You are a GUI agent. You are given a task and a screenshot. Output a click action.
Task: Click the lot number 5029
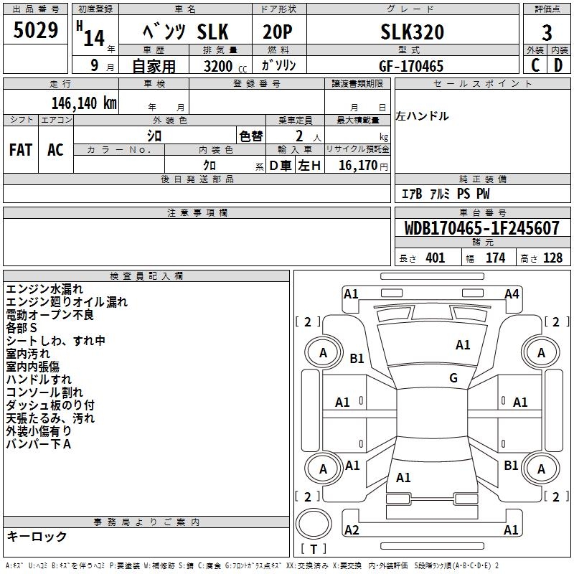point(35,30)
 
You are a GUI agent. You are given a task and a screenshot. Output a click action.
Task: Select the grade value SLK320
point(412,32)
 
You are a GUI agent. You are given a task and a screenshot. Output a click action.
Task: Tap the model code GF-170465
point(411,66)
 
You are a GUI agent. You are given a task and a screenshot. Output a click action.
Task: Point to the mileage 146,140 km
point(84,103)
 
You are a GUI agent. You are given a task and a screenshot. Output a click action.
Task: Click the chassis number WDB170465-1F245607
point(481,228)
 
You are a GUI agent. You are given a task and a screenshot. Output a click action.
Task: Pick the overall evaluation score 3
point(547,32)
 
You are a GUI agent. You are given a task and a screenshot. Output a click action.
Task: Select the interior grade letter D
point(558,65)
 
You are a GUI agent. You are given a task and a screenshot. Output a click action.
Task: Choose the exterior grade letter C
point(535,65)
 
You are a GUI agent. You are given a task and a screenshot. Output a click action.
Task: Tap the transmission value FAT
point(21,150)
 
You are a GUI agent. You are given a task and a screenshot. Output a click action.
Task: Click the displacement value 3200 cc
point(225,66)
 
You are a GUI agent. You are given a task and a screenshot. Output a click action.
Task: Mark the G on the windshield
point(453,377)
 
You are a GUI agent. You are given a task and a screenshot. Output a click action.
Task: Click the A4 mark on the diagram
point(512,294)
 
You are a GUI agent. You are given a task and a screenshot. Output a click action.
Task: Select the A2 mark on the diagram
point(352,530)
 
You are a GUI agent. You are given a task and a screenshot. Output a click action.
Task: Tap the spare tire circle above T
point(314,524)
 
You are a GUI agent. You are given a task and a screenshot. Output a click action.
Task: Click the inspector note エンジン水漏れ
point(44,289)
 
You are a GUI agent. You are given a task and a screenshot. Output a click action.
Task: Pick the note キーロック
point(37,536)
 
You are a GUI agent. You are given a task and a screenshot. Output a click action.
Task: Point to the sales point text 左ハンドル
point(422,116)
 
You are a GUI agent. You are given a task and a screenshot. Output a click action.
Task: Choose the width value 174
point(495,258)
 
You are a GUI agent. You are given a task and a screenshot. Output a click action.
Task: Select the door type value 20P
point(277,32)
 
